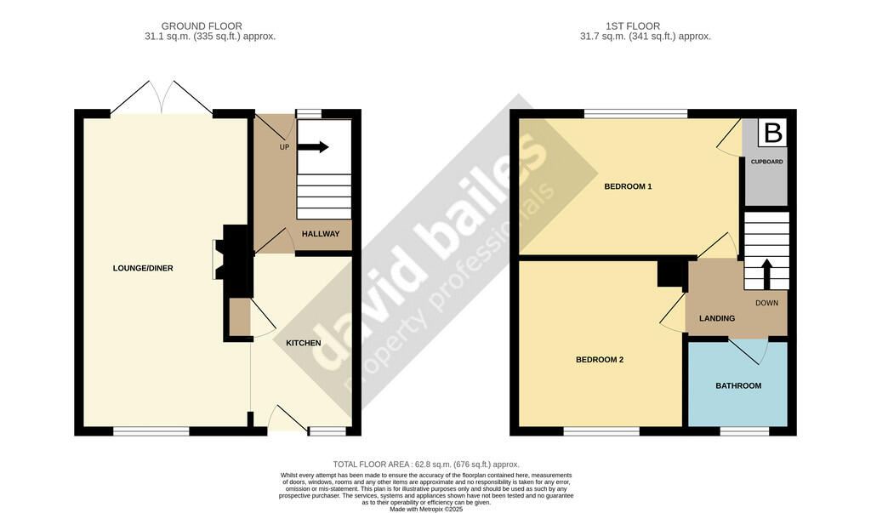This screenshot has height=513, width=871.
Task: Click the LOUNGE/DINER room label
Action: tap(143, 269)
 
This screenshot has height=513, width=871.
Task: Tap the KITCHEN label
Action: tap(303, 343)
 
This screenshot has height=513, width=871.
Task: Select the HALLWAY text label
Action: tap(321, 234)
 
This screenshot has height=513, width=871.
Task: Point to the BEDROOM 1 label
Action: tap(628, 186)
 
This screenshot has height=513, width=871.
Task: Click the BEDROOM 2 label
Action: tap(600, 360)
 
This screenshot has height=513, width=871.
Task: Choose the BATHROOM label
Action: tap(737, 385)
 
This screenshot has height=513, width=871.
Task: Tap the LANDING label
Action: tap(716, 318)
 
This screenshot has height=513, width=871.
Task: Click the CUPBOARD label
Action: tap(766, 162)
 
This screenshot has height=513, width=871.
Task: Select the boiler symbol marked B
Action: tap(772, 134)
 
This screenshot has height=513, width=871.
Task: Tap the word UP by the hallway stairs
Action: tap(285, 146)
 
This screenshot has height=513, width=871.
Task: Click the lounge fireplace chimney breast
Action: tap(234, 255)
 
